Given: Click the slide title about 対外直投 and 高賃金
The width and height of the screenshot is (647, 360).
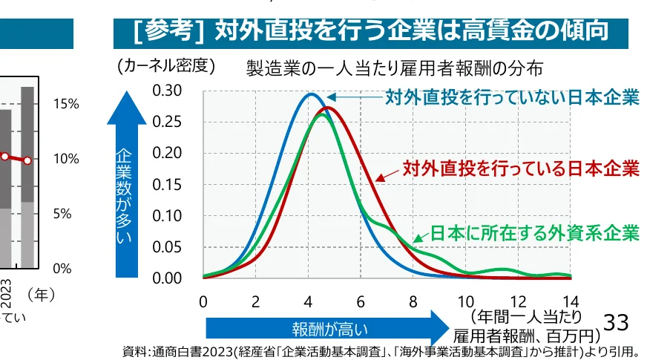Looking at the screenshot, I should [371, 32].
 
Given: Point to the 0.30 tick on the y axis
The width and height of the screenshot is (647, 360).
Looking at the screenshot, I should [167, 91].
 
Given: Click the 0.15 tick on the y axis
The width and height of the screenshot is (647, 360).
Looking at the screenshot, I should [167, 185].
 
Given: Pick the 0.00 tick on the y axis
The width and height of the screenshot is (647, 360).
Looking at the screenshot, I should [167, 278].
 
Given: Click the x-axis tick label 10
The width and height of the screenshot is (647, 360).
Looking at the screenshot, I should [465, 301].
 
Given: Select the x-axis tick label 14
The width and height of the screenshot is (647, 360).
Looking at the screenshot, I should [571, 301].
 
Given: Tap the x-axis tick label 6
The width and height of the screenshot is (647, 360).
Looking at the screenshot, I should [361, 301].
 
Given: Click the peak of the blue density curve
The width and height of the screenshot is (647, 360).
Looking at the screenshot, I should [311, 94].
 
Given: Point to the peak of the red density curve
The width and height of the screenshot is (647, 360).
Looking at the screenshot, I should [329, 108].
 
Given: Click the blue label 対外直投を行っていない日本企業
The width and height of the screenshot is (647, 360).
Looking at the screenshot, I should [511, 97].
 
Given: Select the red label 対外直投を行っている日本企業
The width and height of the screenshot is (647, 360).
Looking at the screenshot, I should [520, 168].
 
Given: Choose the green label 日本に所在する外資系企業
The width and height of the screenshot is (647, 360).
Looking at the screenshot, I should [534, 232].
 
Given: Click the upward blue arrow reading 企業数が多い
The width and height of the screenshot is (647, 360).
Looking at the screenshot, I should [126, 186].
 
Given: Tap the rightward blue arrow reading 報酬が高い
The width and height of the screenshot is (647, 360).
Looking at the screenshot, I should [326, 327].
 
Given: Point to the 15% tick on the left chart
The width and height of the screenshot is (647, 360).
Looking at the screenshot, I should [66, 104].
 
